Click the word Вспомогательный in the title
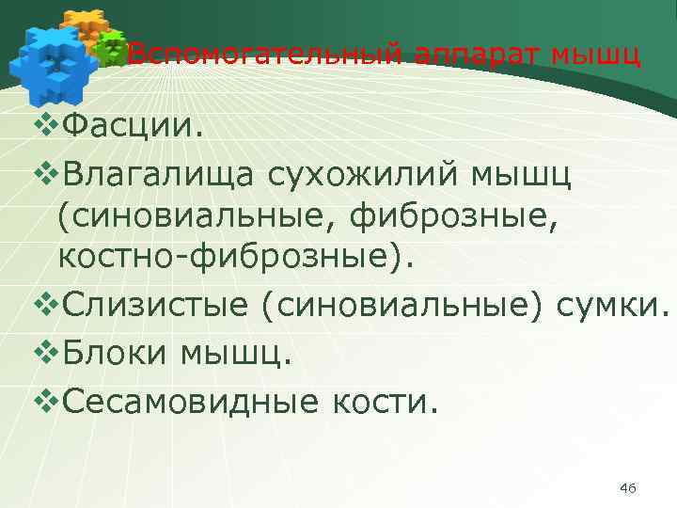(x=264, y=56)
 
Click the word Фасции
(x=131, y=126)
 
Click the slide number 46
(x=628, y=487)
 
